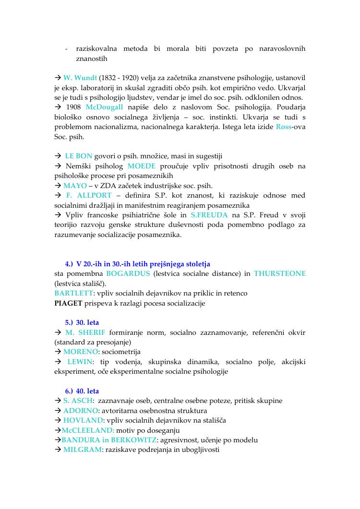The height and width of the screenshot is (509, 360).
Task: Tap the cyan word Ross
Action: (x=284, y=127)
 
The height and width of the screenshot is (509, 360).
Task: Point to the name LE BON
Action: (x=78, y=156)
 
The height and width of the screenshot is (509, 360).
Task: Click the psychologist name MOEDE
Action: (x=142, y=166)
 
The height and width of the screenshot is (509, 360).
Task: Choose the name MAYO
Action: (x=75, y=186)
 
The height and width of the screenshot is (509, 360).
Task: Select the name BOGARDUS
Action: (x=128, y=274)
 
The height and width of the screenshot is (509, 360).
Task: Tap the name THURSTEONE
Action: (x=279, y=274)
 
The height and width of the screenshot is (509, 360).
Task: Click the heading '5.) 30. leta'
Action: (x=82, y=323)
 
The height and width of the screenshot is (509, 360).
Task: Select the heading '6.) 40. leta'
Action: (x=82, y=391)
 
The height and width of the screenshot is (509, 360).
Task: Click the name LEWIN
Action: (x=81, y=361)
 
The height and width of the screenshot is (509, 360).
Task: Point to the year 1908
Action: (x=73, y=107)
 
